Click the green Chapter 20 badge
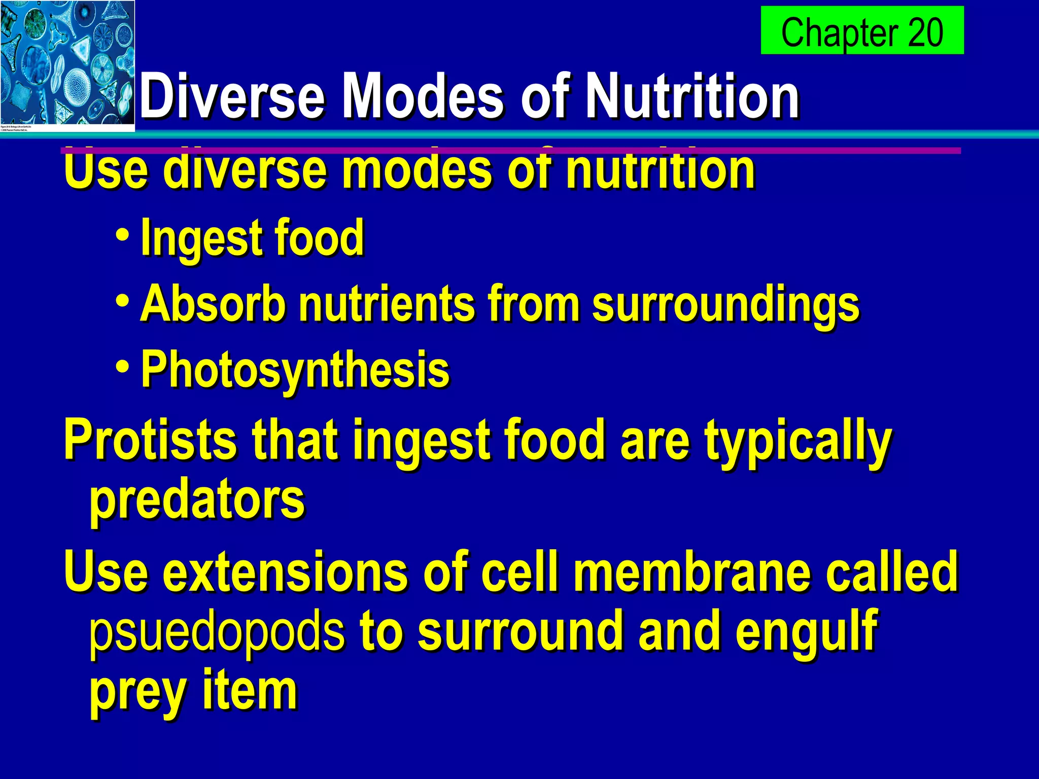tap(861, 30)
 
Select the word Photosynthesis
tap(295, 370)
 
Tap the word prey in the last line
tap(137, 693)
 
